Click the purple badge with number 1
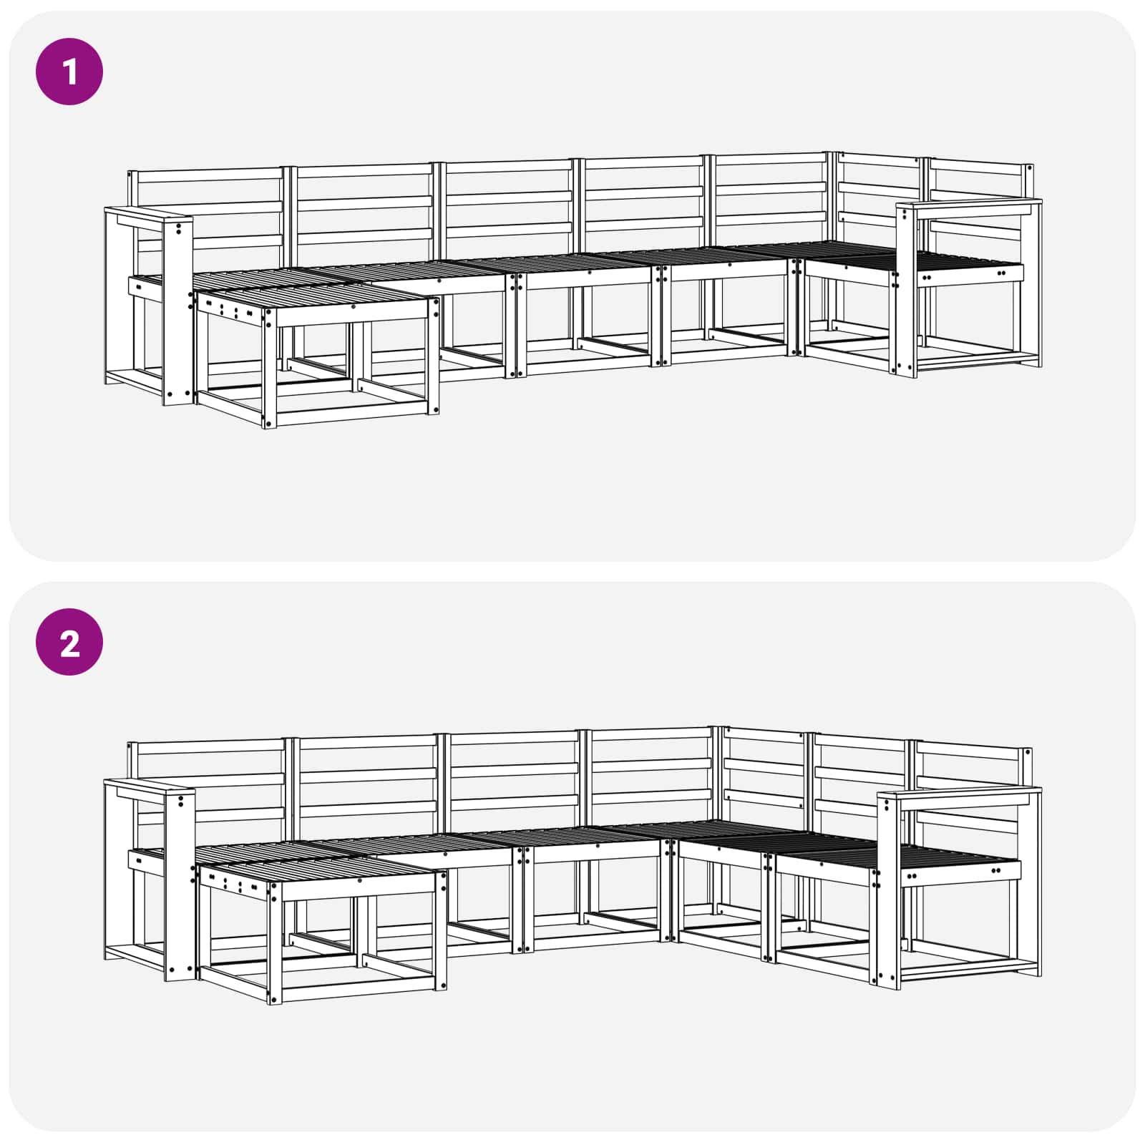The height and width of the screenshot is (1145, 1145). pyautogui.click(x=69, y=72)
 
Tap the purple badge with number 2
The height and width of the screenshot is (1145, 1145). pyautogui.click(x=69, y=643)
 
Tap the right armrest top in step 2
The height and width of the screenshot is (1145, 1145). pyautogui.click(x=959, y=791)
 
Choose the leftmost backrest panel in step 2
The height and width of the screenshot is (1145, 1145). pyautogui.click(x=211, y=784)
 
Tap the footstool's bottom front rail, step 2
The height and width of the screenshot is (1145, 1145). pyautogui.click(x=354, y=993)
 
